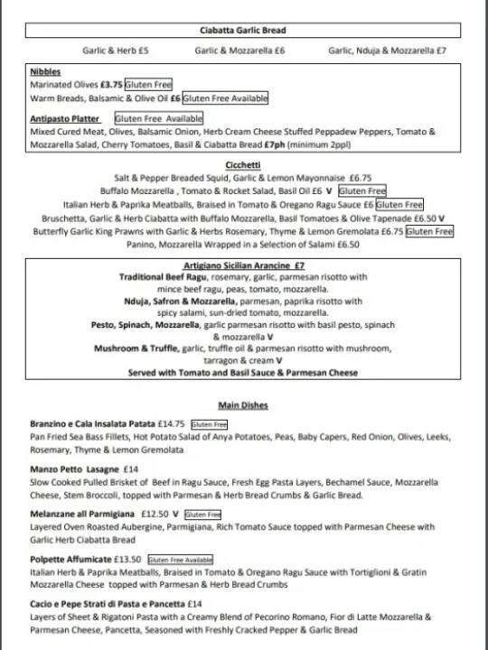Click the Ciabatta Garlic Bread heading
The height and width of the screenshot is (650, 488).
click(243, 30)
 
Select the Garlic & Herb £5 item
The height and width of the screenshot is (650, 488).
click(116, 51)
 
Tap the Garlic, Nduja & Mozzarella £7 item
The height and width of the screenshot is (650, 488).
click(387, 51)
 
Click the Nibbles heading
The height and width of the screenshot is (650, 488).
click(44, 71)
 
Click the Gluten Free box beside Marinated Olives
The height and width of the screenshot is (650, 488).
click(148, 84)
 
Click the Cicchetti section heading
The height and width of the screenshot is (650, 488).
click(243, 165)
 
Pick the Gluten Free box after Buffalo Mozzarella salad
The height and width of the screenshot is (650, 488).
click(361, 191)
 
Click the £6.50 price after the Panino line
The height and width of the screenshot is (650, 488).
click(347, 244)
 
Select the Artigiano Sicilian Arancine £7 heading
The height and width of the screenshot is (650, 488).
click(243, 266)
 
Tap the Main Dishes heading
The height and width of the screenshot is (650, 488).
click(243, 405)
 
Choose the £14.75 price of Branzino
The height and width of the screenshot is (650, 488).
click(171, 423)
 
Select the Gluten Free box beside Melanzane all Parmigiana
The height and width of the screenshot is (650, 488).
click(202, 515)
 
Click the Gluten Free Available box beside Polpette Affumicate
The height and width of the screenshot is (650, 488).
click(181, 560)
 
